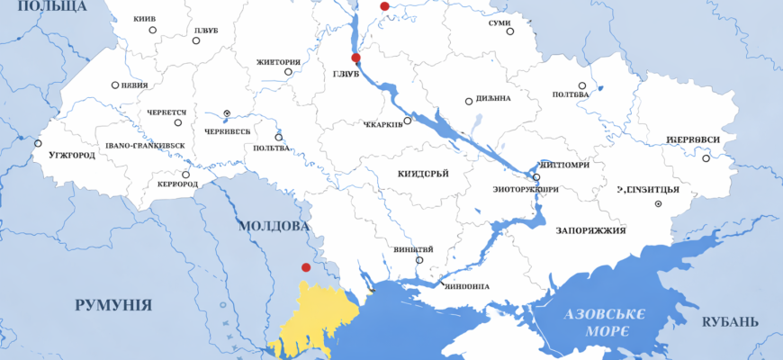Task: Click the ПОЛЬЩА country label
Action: (55, 6)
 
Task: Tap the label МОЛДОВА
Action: (272, 226)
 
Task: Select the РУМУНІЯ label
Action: (112, 305)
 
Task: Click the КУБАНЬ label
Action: (730, 322)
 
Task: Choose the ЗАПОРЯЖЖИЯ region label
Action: (591, 230)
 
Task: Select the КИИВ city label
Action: (144, 19)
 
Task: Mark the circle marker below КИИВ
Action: (153, 30)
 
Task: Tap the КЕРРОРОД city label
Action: (176, 184)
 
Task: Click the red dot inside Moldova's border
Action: (306, 267)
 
